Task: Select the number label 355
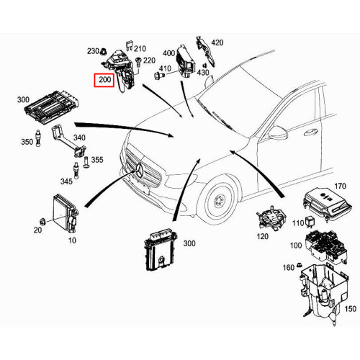click(x=96, y=160)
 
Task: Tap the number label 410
click(x=166, y=69)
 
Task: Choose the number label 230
click(x=94, y=51)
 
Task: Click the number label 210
click(x=140, y=48)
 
